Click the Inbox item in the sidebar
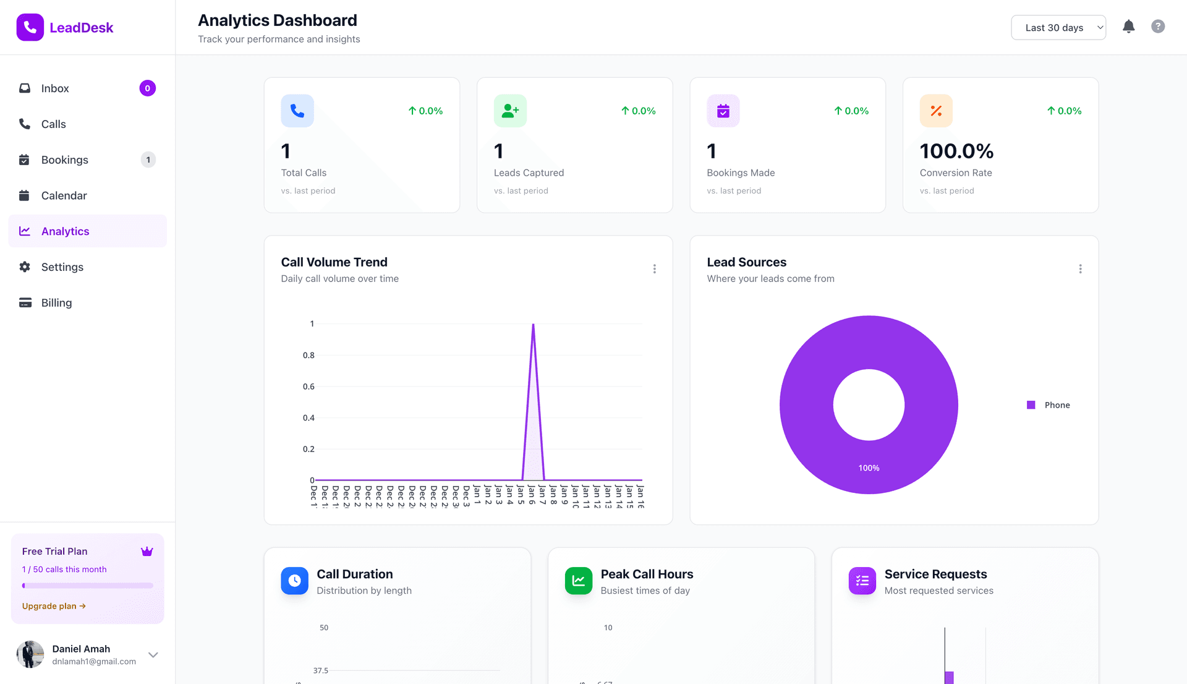click(x=55, y=88)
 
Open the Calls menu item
click(x=53, y=124)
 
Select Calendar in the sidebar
click(x=64, y=196)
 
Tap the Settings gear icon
click(x=25, y=267)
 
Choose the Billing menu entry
click(x=56, y=303)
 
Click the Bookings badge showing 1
click(x=148, y=160)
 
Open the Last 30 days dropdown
click(x=1058, y=28)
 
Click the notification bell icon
click(x=1128, y=27)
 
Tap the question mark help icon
click(x=1158, y=27)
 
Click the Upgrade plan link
click(x=54, y=606)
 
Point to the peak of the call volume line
click(x=533, y=325)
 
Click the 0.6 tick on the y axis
click(x=308, y=387)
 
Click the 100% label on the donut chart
click(x=869, y=468)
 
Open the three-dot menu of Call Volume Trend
click(x=654, y=269)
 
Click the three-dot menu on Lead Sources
click(x=1080, y=269)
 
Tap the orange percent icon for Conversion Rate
click(x=936, y=111)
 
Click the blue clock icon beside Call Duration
click(x=294, y=581)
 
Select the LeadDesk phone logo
click(x=30, y=28)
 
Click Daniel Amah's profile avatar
click(x=30, y=654)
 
